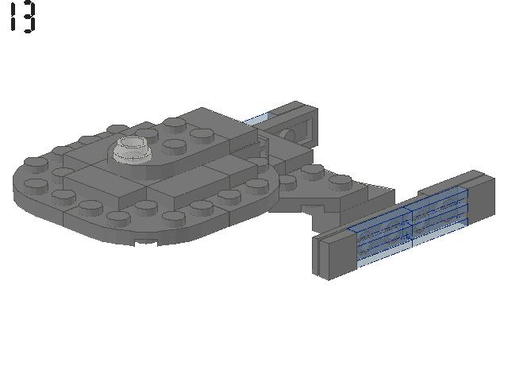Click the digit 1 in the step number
[x=13, y=17]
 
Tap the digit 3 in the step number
[x=29, y=18]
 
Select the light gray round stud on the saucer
[x=133, y=148]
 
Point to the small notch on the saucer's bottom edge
[x=146, y=241]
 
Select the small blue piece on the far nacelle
[x=259, y=118]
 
